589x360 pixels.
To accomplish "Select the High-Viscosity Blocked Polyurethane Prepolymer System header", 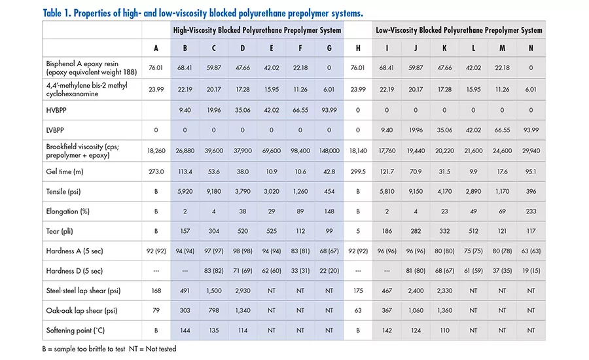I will [x=257, y=30].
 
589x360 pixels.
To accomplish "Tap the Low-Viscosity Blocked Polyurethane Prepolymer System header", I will [x=458, y=30].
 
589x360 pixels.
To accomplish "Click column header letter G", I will [x=329, y=48].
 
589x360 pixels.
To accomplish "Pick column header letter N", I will [x=530, y=48].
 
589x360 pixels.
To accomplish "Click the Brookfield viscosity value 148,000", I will [x=329, y=151].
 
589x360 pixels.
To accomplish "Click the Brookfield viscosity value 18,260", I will [x=156, y=151].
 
